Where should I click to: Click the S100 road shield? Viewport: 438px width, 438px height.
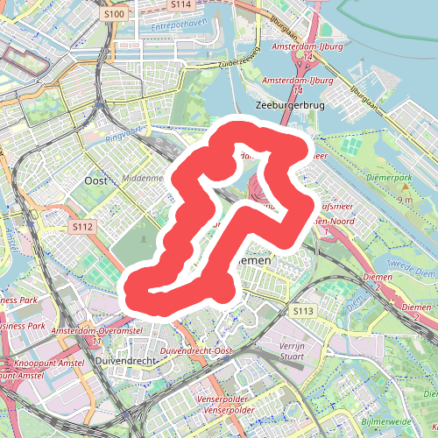pyautogui.click(x=114, y=15)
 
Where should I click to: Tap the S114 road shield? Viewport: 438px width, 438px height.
pyautogui.click(x=181, y=4)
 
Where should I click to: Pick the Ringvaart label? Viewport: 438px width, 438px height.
pyautogui.click(x=122, y=136)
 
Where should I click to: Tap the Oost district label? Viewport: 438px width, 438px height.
pyautogui.click(x=95, y=180)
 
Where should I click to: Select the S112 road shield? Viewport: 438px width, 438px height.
pyautogui.click(x=82, y=227)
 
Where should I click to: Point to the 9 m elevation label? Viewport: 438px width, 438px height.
pyautogui.click(x=405, y=201)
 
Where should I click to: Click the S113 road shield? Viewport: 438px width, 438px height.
pyautogui.click(x=303, y=311)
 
